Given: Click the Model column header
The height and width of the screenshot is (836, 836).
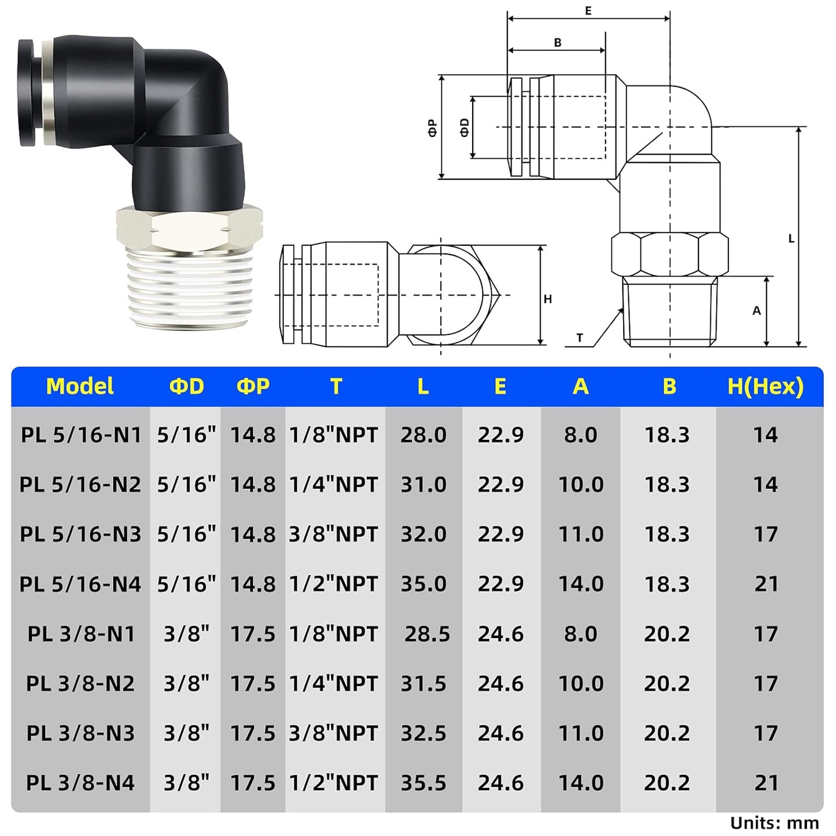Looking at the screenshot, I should (x=80, y=386).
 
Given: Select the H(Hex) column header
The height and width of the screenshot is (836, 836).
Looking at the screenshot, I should (x=765, y=386).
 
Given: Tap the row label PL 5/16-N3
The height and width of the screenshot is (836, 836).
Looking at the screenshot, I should (x=80, y=534).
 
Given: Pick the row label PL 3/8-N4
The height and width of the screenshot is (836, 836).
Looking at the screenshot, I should (x=80, y=783).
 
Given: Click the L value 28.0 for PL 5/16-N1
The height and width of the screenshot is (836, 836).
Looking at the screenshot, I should (x=423, y=435).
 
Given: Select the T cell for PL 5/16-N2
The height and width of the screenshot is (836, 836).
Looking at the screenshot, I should (x=334, y=484).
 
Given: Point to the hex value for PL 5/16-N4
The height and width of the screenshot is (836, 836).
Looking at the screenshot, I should (x=766, y=584).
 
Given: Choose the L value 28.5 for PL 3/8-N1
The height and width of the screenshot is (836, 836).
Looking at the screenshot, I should (x=427, y=634).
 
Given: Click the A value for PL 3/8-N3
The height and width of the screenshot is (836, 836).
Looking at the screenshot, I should (x=581, y=734).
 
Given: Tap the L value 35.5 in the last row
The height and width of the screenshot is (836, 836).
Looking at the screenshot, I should (x=423, y=783).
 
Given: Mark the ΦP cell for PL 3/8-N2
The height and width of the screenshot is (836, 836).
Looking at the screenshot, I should (x=253, y=684).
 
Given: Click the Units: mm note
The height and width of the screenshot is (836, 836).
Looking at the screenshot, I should (x=774, y=823).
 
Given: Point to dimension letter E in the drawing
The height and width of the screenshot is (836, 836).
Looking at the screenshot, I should (x=588, y=10).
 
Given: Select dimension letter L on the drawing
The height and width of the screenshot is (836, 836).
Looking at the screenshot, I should (x=791, y=238).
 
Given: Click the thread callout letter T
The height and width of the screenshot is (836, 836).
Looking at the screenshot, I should (x=580, y=338).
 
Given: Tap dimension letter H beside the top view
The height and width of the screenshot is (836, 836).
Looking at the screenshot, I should (x=547, y=299).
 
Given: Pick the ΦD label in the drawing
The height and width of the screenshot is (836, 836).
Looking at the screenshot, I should (x=464, y=127).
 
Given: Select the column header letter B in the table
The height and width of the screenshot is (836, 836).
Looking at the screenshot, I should (x=669, y=386).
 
